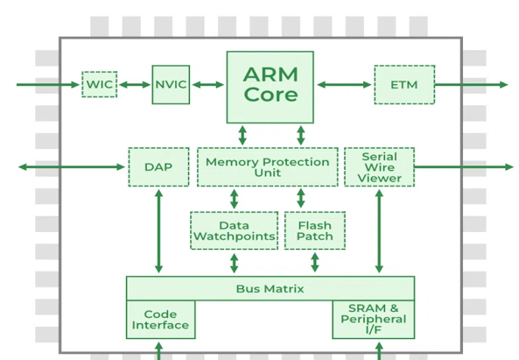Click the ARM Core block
click(x=270, y=87)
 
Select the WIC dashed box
click(x=99, y=84)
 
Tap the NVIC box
click(x=171, y=84)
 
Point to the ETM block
click(x=404, y=85)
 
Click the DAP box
click(x=158, y=167)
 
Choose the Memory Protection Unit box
click(x=268, y=167)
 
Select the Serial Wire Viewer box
click(x=379, y=167)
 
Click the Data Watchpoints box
click(x=234, y=230)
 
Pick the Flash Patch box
click(x=315, y=230)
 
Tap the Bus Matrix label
click(x=270, y=289)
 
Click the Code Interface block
click(x=160, y=320)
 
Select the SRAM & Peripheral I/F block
click(x=374, y=320)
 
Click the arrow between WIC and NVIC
click(x=135, y=85)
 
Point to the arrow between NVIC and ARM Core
click(x=208, y=85)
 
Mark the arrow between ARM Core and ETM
click(x=344, y=85)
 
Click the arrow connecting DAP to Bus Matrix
click(x=159, y=231)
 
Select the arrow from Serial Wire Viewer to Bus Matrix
click(x=379, y=231)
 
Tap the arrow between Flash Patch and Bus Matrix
click(x=315, y=263)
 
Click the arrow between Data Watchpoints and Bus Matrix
click(x=234, y=264)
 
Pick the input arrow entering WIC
click(x=48, y=85)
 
